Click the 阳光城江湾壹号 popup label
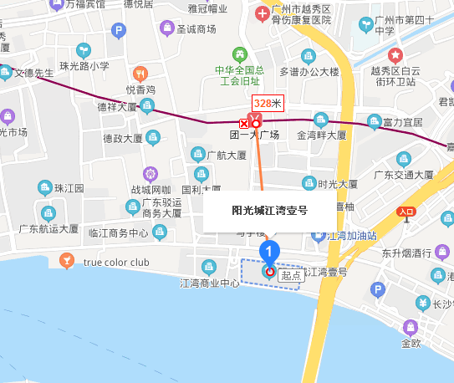pyautogui.click(x=269, y=211)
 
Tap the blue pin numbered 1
pyautogui.click(x=269, y=249)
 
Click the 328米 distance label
pyautogui.click(x=268, y=103)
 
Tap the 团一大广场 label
pyautogui.click(x=255, y=134)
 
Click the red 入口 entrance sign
pyautogui.click(x=408, y=212)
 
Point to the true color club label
pyautogui.click(x=116, y=263)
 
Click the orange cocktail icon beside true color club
pyautogui.click(x=66, y=263)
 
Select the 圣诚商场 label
pyautogui.click(x=196, y=29)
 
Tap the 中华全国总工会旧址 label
pyautogui.click(x=241, y=75)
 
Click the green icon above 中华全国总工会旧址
pyautogui.click(x=240, y=54)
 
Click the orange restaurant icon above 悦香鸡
pyautogui.click(x=140, y=74)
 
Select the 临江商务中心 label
pyautogui.click(x=118, y=233)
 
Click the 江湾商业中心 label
pyautogui.click(x=210, y=283)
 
